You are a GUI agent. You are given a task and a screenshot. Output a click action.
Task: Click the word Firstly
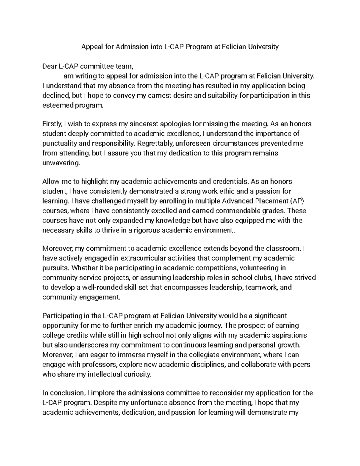52,124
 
